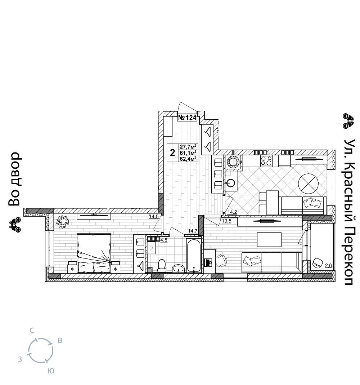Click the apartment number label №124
(x=187, y=118)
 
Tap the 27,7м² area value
(x=188, y=147)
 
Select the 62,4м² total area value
(x=188, y=159)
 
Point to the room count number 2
(x=173, y=153)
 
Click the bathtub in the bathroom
(x=194, y=255)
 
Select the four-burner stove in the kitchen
(x=266, y=161)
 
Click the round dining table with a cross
(x=308, y=183)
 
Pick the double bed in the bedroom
(x=94, y=253)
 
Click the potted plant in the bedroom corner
(x=63, y=221)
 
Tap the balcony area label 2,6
(x=328, y=265)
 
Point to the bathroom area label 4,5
(x=163, y=240)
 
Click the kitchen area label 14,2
(x=232, y=212)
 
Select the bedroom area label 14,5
(x=153, y=217)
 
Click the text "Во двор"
(x=14, y=179)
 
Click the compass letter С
(x=32, y=331)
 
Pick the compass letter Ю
(x=51, y=371)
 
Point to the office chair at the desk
(x=221, y=261)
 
